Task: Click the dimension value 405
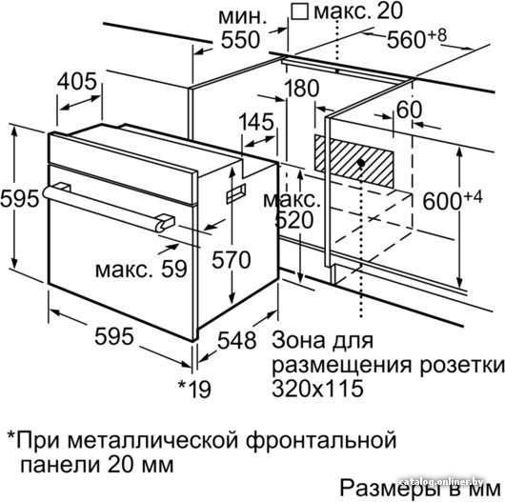click(x=77, y=81)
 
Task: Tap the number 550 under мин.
click(x=240, y=40)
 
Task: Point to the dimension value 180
click(x=302, y=89)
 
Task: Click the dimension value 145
click(x=256, y=122)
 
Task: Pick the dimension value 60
click(x=409, y=110)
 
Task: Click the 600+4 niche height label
click(x=453, y=200)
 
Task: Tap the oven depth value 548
click(x=237, y=340)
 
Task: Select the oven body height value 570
click(x=232, y=260)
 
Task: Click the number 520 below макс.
click(x=294, y=220)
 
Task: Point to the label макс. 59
click(x=141, y=269)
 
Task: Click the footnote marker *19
click(x=194, y=389)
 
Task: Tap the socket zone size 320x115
click(x=318, y=388)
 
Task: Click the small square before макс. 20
click(x=299, y=12)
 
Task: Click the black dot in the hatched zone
click(x=361, y=163)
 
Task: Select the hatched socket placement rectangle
click(x=353, y=161)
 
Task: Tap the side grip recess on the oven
click(x=236, y=193)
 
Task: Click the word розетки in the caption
click(x=462, y=366)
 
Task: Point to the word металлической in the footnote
click(x=154, y=440)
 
